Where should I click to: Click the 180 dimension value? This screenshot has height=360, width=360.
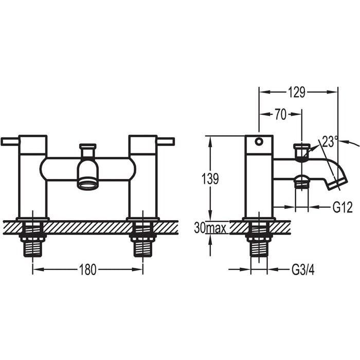point(87,270)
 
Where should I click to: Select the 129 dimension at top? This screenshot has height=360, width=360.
point(297,93)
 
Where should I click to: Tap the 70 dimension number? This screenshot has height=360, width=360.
point(280,115)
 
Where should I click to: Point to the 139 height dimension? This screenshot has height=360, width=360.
point(209,179)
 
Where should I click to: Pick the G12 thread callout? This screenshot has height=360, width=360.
point(342,208)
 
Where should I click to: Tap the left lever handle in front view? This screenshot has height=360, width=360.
point(10,141)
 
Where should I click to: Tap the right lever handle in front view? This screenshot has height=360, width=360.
point(166,141)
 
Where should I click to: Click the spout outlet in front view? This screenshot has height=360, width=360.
point(87,183)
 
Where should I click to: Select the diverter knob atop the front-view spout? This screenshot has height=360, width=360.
point(87,147)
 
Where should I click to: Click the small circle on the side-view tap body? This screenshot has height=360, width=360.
point(259,141)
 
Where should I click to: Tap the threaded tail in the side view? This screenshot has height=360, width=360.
point(259,246)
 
